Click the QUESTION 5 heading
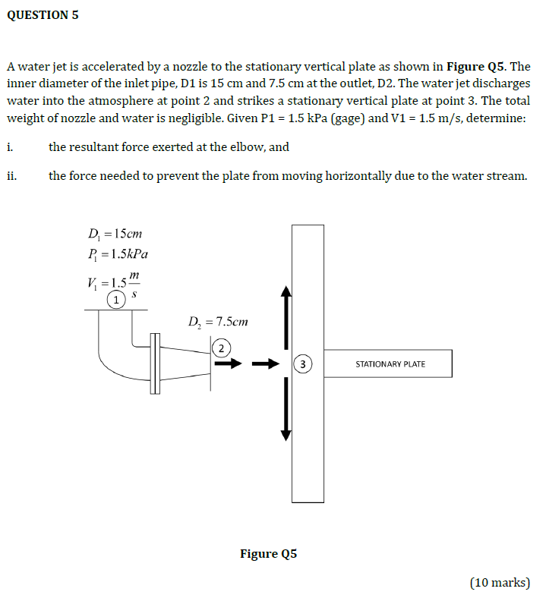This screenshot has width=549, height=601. click(43, 15)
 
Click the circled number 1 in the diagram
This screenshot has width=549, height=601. click(115, 300)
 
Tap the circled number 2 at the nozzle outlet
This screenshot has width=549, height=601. click(221, 348)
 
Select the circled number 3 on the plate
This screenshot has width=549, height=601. click(303, 364)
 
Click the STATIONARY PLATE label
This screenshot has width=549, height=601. click(390, 364)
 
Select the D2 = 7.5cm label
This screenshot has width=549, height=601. click(218, 322)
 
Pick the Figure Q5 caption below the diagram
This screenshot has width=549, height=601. click(268, 553)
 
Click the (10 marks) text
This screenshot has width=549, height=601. click(500, 582)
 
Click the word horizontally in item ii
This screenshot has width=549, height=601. click(357, 176)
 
